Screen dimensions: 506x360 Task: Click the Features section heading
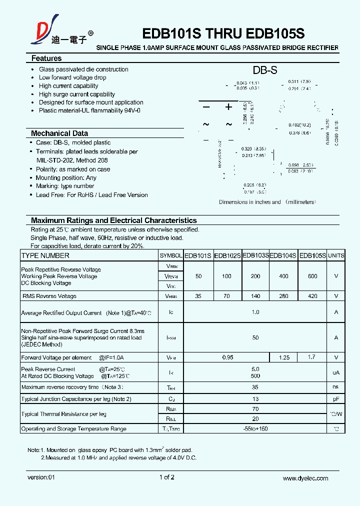46,58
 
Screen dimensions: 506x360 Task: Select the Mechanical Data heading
59,133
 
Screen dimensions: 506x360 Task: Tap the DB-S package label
264,70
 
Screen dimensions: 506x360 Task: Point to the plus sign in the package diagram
228,107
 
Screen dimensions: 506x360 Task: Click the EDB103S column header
255,255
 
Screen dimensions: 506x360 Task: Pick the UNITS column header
336,255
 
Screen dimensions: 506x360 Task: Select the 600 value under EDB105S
312,276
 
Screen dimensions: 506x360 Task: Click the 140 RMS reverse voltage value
255,296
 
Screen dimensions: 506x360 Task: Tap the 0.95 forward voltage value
227,357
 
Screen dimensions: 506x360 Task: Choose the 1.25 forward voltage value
284,357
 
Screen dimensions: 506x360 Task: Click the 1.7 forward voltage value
312,357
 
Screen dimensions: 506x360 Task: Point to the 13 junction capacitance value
255,399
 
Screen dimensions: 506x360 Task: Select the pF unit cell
336,399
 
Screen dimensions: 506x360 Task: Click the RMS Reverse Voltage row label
49,296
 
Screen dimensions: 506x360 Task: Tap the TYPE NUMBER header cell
45,255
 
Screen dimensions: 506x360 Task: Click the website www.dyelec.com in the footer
305,478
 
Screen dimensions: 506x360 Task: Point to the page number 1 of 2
166,477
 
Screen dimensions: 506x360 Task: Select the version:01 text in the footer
41,477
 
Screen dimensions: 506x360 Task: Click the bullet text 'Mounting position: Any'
66,178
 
